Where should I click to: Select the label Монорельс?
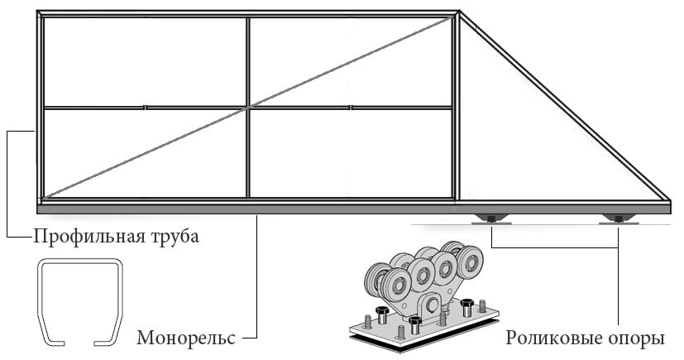click(187, 338)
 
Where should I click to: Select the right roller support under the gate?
click(619, 219)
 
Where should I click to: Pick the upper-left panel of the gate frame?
click(145, 62)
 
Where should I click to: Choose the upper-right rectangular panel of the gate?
click(351, 62)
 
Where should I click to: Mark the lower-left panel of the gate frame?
click(145, 153)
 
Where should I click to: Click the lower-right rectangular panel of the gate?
click(351, 153)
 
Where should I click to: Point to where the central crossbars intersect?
click(247, 108)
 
